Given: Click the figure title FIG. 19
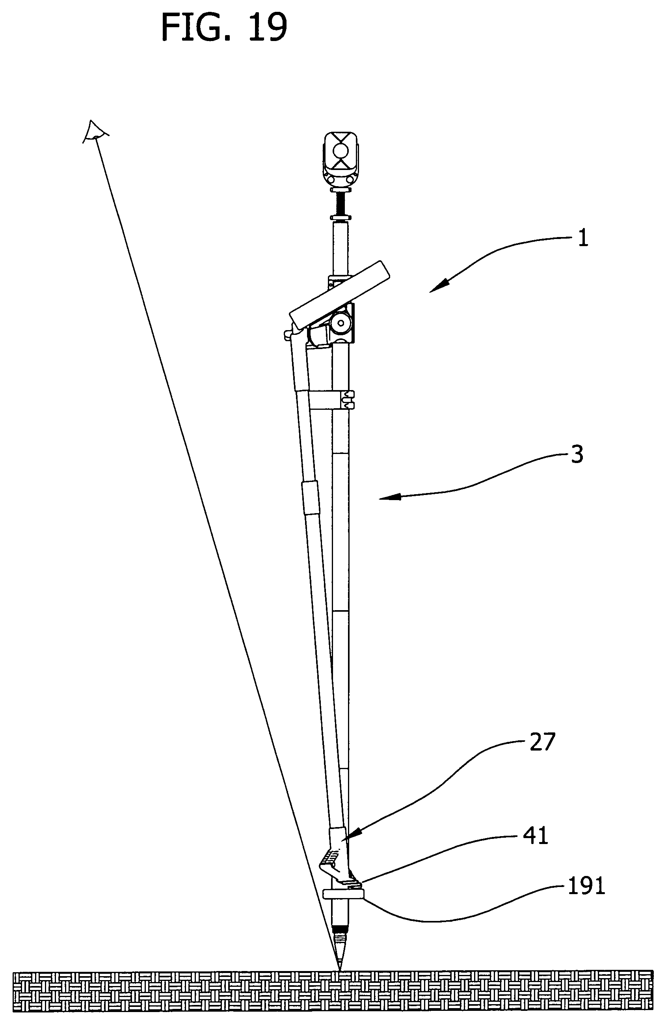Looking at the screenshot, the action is [224, 26].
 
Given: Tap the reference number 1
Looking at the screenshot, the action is [583, 238].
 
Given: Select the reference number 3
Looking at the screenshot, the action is [577, 454].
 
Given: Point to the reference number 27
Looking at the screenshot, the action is [542, 742].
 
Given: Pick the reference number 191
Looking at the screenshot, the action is [586, 886].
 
